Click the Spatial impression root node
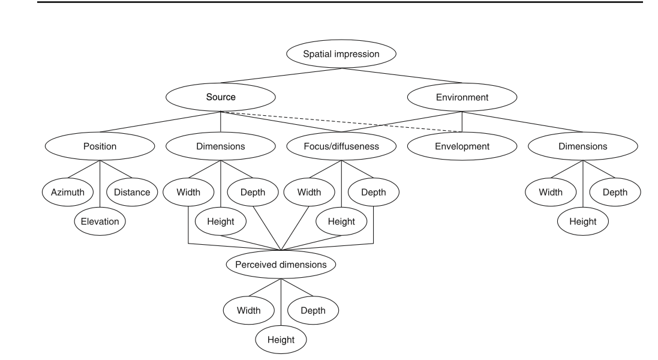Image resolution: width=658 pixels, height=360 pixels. (341, 54)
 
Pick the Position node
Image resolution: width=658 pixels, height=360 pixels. (100, 146)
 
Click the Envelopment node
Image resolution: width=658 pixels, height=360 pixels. (462, 146)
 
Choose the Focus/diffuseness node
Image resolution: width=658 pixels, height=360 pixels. (341, 146)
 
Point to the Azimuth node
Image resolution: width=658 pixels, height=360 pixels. (68, 193)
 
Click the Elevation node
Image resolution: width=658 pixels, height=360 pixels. (100, 221)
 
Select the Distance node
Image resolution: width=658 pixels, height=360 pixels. (133, 193)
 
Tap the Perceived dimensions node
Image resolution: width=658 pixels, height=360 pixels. (281, 264)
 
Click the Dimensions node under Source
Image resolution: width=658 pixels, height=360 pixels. (221, 146)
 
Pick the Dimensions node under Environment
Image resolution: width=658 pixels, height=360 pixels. (583, 146)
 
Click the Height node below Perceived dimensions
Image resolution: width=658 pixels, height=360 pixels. (281, 340)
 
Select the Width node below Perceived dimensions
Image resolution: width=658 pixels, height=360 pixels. (248, 311)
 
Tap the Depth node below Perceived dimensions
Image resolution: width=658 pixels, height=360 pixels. (313, 311)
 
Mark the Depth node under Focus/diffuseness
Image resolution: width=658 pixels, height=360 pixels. (374, 193)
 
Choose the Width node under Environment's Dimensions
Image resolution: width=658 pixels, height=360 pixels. (551, 193)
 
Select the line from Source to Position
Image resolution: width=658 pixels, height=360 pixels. (160, 122)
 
